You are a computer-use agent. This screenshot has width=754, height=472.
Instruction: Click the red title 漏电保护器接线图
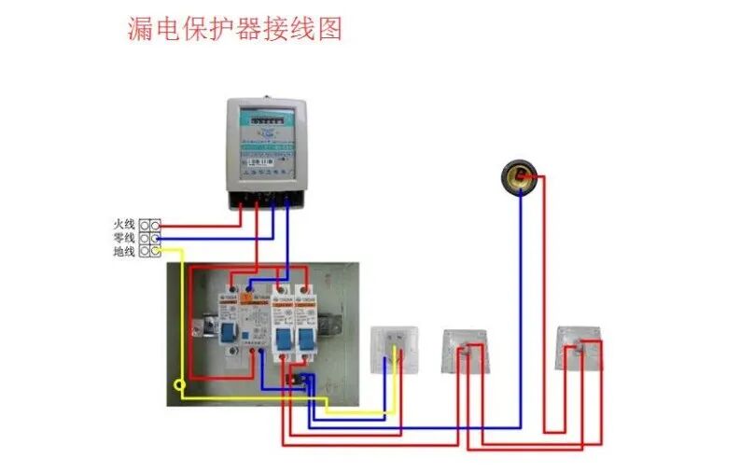point(234,28)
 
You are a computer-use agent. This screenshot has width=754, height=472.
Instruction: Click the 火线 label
point(124,225)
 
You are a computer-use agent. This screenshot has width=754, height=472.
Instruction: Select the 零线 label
point(124,238)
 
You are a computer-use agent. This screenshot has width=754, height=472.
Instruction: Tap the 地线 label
point(124,252)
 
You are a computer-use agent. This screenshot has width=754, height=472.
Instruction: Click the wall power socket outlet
point(393,350)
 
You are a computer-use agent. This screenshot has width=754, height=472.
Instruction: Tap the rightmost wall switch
point(579,349)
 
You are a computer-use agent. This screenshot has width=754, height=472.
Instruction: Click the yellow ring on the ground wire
point(178,384)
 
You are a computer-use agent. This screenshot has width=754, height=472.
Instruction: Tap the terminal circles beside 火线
point(149,225)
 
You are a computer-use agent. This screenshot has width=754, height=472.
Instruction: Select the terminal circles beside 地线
point(149,252)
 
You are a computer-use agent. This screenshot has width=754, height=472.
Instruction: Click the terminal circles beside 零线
point(149,238)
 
